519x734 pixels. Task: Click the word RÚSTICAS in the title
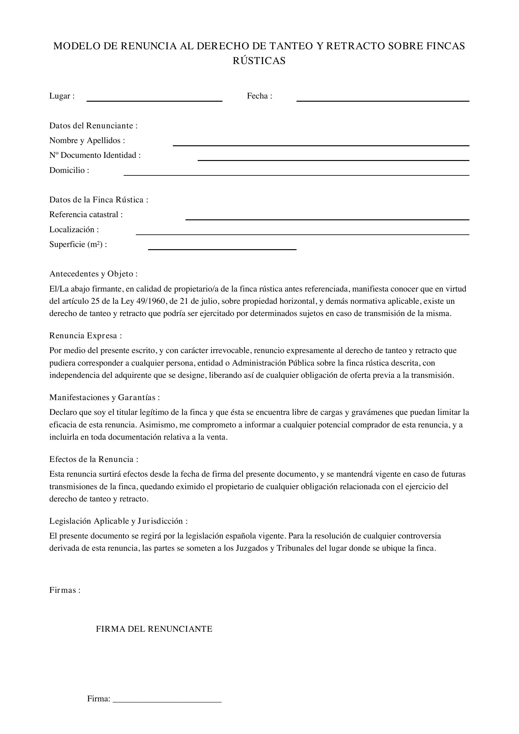259,61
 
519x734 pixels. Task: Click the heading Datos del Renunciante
93,126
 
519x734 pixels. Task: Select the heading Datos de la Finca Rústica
99,200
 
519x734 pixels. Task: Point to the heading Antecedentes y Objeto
93,274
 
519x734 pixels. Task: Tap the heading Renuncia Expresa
85,336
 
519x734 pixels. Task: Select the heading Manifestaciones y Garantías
104,397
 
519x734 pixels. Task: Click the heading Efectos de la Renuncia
94,459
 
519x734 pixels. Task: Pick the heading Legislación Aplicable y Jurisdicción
118,521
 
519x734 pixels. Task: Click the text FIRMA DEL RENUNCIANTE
154,629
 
